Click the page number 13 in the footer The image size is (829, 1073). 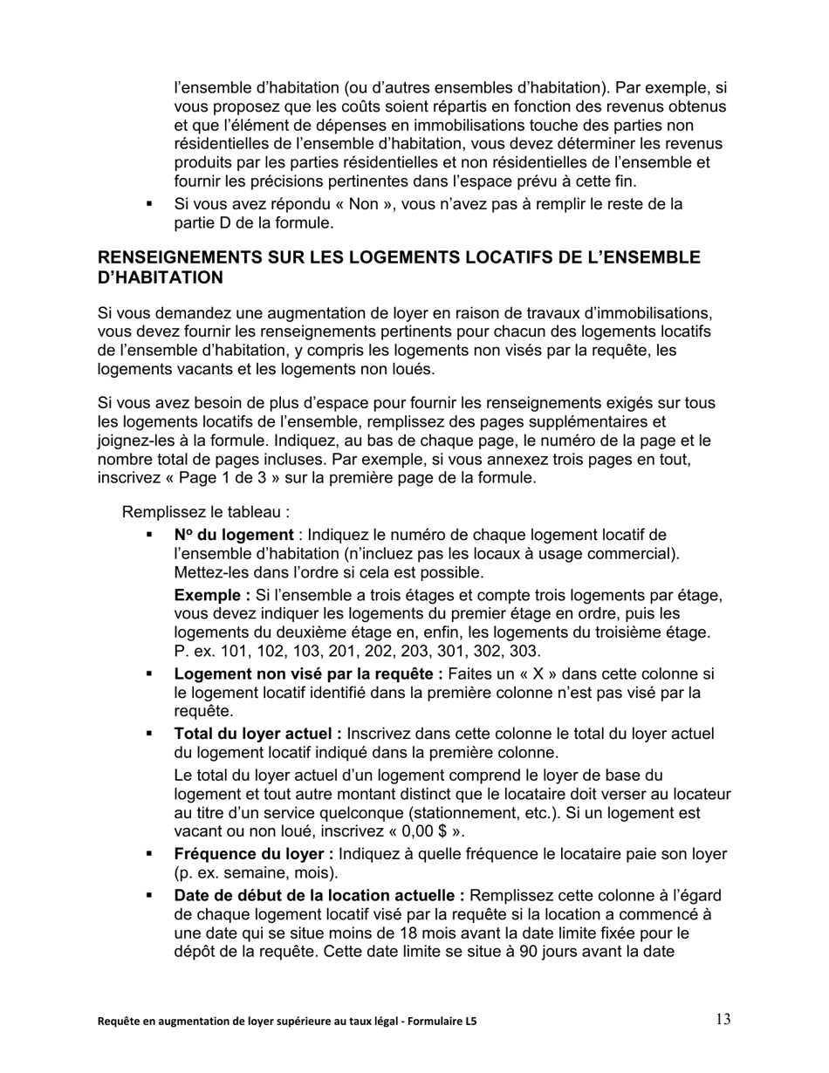(723, 1019)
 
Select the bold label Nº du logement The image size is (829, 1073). (233, 535)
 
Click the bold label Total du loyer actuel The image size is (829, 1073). (257, 734)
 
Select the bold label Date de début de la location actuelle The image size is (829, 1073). (319, 896)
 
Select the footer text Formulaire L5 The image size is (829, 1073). (442, 1021)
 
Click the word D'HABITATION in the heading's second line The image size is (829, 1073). (160, 277)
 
